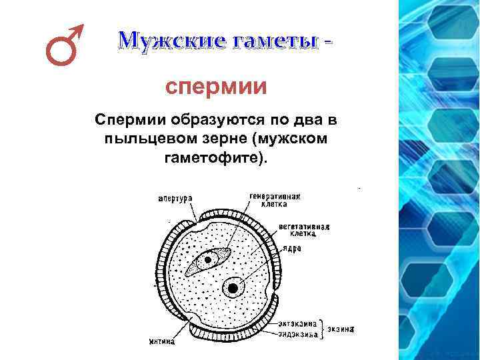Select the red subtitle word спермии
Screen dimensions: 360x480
point(216,87)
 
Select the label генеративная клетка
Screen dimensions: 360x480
point(275,200)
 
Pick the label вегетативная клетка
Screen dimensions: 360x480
point(305,230)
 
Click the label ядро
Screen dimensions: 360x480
point(292,248)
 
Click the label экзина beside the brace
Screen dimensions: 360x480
point(341,329)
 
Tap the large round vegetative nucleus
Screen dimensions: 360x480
point(233,288)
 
